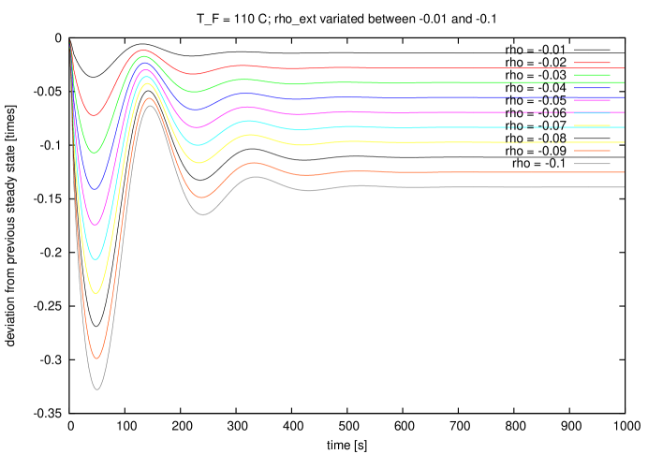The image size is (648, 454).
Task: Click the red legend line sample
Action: pos(592,63)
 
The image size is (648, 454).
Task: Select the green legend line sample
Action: pos(592,75)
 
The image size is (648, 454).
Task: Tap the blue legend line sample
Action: pos(592,88)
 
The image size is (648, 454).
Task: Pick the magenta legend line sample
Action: pos(592,100)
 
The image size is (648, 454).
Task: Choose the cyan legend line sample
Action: pos(592,113)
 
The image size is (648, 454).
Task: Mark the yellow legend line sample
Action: pos(592,125)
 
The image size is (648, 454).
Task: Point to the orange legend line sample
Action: pos(592,151)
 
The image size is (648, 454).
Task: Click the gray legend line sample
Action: pos(592,164)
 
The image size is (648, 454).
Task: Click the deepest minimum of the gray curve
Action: pos(96,388)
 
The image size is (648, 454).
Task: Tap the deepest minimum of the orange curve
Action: pos(96,359)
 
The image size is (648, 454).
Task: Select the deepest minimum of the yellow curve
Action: pos(96,294)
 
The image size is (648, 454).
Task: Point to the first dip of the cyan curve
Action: pos(95,259)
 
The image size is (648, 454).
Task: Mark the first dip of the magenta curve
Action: pos(95,225)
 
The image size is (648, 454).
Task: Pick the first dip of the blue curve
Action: pos(94,190)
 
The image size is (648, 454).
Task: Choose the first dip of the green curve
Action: pos(94,152)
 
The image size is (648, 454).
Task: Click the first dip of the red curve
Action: pos(93,116)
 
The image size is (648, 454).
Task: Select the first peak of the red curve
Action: pos(141,51)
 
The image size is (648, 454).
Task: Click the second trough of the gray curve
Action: pos(202,215)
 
